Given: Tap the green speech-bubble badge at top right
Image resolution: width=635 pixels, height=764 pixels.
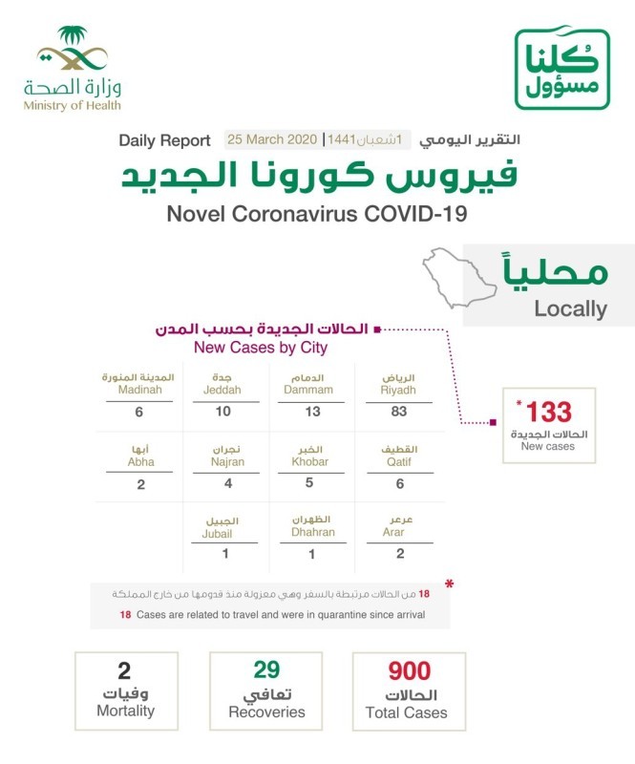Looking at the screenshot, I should coord(561,69).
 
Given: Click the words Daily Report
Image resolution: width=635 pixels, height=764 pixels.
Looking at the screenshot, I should coord(164,140).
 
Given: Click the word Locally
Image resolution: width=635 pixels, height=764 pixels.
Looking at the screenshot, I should coord(571,308).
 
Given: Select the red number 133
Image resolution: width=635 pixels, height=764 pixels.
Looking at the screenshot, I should coord(549,413).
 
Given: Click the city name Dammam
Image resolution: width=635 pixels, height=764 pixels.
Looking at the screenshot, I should coord(309,391).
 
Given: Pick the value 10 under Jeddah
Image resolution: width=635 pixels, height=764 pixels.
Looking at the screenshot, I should coord(222,412).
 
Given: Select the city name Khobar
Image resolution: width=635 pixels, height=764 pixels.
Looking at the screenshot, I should coord(309,462).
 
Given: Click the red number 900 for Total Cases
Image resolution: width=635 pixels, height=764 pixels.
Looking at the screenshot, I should coord(409,671).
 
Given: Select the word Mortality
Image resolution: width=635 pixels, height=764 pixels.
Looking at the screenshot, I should coord(125,711).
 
